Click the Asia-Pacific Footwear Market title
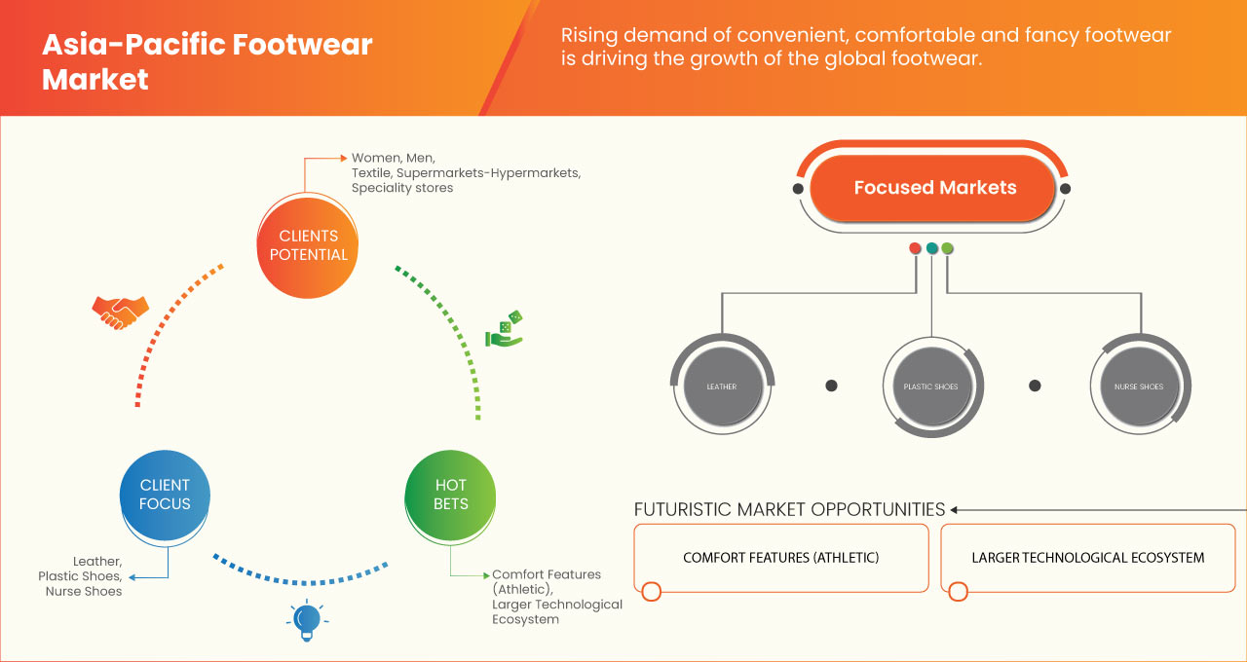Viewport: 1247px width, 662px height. pos(207,61)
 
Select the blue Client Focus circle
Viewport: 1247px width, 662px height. pos(165,494)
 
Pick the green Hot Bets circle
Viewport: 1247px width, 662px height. pos(450,494)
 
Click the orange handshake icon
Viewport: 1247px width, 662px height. pos(120,312)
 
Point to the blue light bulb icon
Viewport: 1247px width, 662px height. pos(307,620)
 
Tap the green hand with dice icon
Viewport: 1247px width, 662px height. pos(505,329)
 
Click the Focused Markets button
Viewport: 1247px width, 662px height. pos(934,188)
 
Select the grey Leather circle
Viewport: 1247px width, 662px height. pos(722,386)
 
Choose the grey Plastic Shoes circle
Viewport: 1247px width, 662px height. pos(931,386)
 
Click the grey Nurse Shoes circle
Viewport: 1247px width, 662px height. pos(1138,386)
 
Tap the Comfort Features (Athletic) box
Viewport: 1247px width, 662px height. pos(780,558)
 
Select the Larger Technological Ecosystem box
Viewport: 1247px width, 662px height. pos(1087,558)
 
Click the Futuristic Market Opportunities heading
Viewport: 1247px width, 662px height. pos(789,509)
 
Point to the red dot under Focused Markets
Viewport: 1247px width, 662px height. pos(915,248)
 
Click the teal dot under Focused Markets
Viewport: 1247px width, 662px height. pos(931,248)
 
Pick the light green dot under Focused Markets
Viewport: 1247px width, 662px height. pos(947,248)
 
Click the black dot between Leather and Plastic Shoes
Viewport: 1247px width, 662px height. pos(831,386)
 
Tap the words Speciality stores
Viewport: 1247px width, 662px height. pos(402,188)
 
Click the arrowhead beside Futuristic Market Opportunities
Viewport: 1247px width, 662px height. pos(955,509)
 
